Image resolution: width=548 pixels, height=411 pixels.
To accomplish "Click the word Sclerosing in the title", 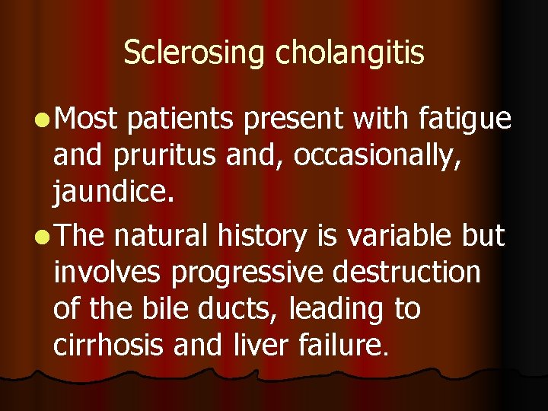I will coord(195,53).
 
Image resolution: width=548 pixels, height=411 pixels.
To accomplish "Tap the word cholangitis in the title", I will coord(350,53).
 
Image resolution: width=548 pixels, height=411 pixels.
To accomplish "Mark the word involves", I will coord(107,272).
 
